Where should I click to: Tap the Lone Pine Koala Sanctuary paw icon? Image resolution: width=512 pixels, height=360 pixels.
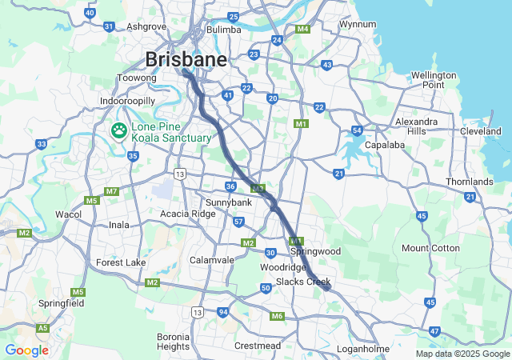[x=119, y=129]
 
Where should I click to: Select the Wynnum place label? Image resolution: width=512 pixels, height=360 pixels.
[x=358, y=24]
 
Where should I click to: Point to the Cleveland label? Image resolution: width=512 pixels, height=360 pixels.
[x=480, y=131]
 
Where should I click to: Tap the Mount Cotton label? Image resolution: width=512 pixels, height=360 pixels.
[x=430, y=248]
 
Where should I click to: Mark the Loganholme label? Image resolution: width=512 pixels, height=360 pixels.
[x=362, y=349]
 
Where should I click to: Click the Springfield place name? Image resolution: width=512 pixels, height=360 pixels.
[x=62, y=304]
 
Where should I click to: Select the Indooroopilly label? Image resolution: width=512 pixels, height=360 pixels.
[x=127, y=101]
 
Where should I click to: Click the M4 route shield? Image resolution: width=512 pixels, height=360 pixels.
[x=302, y=30]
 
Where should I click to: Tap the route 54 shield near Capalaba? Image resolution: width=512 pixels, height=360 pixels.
[x=357, y=130]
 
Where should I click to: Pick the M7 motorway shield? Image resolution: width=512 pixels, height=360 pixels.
[x=111, y=191]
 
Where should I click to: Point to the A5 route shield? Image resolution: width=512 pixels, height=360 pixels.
[x=42, y=328]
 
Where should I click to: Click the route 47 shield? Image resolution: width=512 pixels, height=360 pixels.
[x=434, y=330]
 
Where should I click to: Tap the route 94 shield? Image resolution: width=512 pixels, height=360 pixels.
[x=223, y=312]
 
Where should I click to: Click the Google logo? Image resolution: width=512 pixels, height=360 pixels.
[x=26, y=350]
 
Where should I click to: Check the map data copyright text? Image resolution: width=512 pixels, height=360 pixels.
[x=462, y=354]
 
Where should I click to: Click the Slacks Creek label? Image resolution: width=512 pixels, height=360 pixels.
[x=303, y=282]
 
